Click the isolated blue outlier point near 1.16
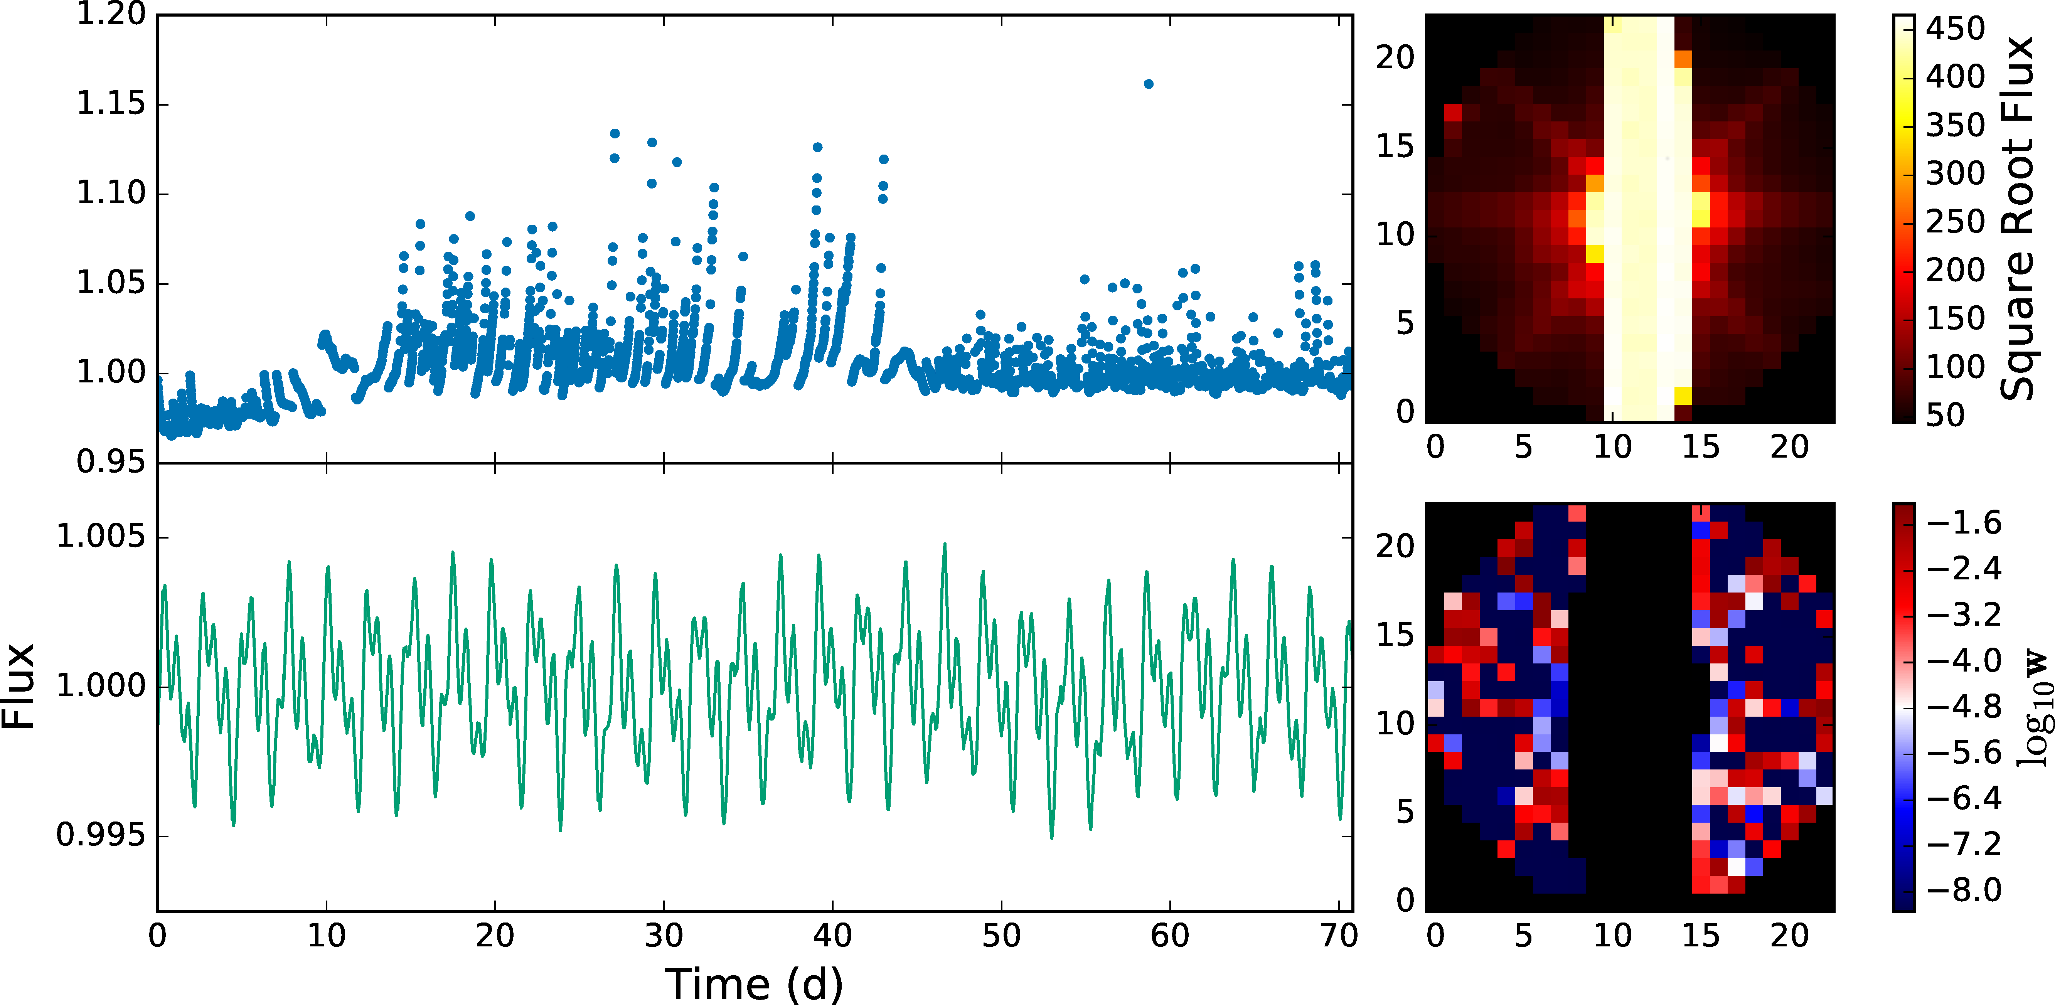[1148, 84]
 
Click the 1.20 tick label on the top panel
[111, 14]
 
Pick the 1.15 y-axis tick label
[111, 104]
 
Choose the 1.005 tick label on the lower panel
[101, 537]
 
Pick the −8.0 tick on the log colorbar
[1964, 889]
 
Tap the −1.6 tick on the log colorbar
[1964, 522]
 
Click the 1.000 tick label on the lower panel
[101, 686]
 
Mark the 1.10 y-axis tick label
[111, 193]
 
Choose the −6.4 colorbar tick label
[1964, 798]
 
